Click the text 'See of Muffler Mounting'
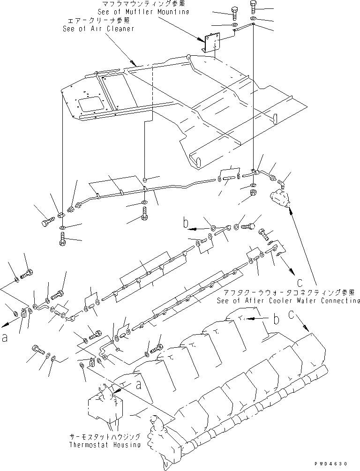[143, 11]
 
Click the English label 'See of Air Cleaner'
[98, 29]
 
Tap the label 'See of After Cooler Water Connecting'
[288, 300]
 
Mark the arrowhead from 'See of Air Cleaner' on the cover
[135, 63]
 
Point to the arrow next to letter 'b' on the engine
[254, 318]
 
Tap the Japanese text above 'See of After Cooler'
[288, 292]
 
